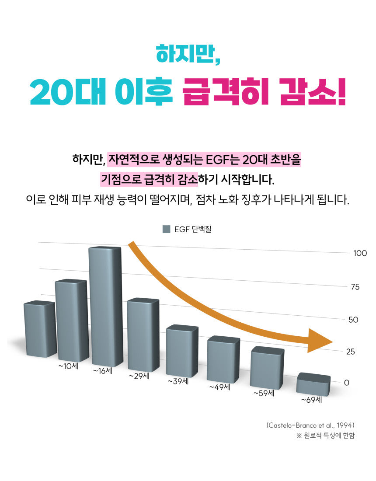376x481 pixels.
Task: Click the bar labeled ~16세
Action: pos(105,306)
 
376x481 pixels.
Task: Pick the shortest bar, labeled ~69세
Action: pos(313,384)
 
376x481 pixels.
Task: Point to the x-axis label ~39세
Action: pos(178,381)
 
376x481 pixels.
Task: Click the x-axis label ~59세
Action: pos(264,393)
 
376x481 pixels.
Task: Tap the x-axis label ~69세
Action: pos(311,399)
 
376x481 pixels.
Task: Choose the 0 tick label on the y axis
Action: pos(347,382)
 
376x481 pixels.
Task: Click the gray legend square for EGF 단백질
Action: pos(166,229)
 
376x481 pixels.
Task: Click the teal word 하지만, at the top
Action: pos(188,54)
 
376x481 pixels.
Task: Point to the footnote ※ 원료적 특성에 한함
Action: pos(325,436)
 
